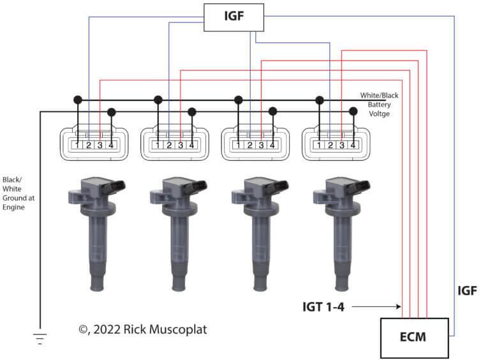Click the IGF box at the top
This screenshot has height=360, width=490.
click(x=234, y=17)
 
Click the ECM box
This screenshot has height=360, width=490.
click(x=414, y=338)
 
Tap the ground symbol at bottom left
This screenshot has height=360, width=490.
click(x=40, y=338)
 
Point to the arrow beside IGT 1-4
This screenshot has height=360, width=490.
click(x=376, y=306)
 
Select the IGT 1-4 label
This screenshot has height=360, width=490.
click(x=323, y=307)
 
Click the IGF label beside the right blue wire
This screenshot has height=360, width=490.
click(x=467, y=290)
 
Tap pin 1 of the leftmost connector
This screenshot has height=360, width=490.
click(x=77, y=145)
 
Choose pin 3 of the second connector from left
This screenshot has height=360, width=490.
click(x=181, y=145)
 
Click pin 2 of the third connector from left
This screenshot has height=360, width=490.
click(x=249, y=145)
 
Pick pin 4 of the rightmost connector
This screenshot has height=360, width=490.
click(x=353, y=145)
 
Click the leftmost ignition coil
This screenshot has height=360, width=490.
click(x=96, y=234)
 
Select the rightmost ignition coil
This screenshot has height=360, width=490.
click(x=341, y=234)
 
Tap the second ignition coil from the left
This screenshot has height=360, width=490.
click(x=178, y=234)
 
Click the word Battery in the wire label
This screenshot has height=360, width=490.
click(x=379, y=105)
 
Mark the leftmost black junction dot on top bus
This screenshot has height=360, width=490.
click(x=78, y=100)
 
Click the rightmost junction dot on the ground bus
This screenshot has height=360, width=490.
click(x=353, y=111)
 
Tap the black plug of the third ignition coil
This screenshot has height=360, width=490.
click(x=277, y=186)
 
